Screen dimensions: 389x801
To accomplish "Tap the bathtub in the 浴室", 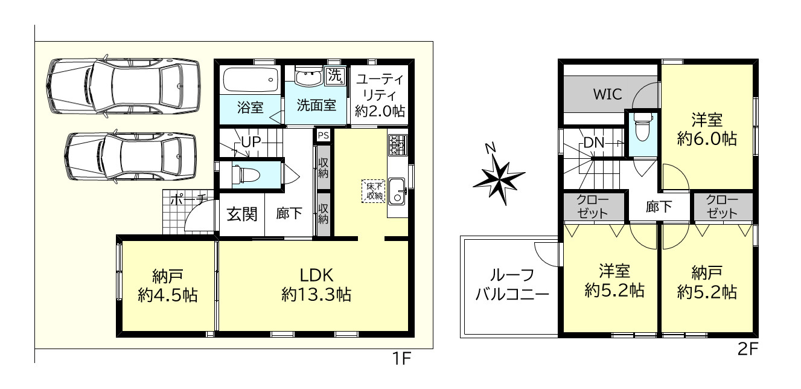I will [251, 79].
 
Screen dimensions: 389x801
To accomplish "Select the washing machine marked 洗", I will [334, 76].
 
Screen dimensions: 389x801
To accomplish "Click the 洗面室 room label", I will [316, 104].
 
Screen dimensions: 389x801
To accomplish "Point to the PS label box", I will [323, 135].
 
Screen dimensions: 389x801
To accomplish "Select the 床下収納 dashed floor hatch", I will [372, 191].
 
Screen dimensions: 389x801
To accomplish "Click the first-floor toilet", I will [247, 175].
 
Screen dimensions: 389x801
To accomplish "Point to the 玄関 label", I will [241, 214].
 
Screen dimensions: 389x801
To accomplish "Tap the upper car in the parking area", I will [124, 86].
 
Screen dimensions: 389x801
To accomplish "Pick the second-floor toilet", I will [642, 129].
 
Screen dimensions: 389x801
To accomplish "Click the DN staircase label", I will [595, 144].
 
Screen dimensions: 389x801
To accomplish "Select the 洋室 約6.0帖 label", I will [706, 129].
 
